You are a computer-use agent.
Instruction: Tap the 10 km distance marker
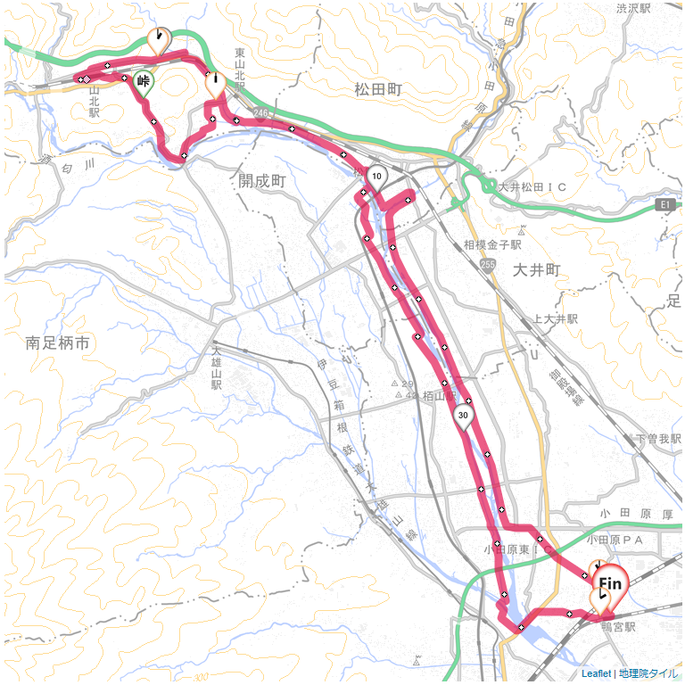click(376, 176)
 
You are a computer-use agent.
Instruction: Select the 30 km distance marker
click(463, 415)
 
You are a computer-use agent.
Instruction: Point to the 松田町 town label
click(378, 89)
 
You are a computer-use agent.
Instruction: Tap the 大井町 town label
click(536, 268)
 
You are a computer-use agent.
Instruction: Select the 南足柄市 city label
click(60, 342)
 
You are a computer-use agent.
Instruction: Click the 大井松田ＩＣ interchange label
click(532, 187)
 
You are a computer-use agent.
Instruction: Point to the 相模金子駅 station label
click(492, 243)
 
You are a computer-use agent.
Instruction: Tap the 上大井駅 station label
click(556, 318)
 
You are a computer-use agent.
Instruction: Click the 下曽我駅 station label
click(655, 439)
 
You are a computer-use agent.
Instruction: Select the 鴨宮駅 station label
click(617, 627)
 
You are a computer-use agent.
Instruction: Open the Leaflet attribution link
click(595, 673)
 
